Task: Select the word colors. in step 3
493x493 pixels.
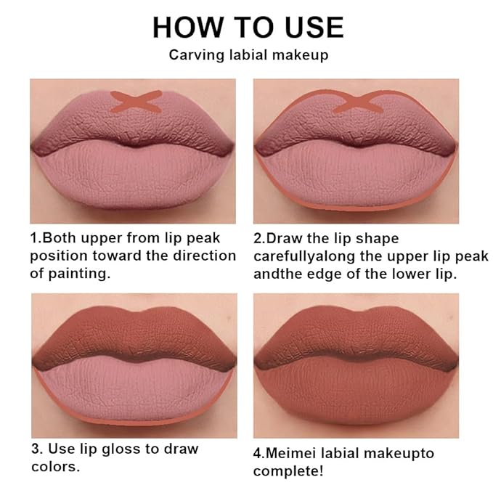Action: point(54,467)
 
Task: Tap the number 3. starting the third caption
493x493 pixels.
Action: point(36,449)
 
